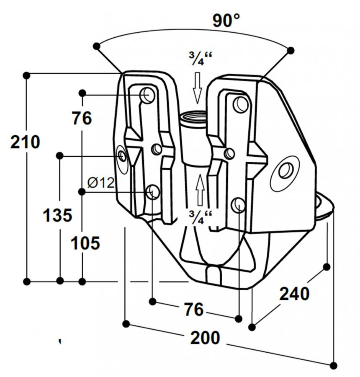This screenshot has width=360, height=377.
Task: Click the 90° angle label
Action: pos(226,20)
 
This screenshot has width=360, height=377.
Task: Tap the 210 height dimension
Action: pos(25,142)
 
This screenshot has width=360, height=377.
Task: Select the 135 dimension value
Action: pos(58,215)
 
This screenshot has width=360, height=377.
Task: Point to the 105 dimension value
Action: pos(85,243)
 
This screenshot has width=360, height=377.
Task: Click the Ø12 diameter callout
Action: pos(100,183)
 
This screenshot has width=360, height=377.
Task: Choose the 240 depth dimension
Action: pos(294,293)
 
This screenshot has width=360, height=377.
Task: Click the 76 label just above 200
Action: pos(193,310)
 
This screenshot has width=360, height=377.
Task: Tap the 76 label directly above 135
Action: pos(82,119)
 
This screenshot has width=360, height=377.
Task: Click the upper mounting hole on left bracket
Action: pos(147,96)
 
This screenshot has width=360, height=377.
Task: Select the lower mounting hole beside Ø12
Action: pos(152,192)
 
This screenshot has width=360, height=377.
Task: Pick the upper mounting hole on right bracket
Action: pos(240,103)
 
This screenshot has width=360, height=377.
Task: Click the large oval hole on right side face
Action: pos(286,170)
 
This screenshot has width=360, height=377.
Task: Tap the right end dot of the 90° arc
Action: pos(291,50)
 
